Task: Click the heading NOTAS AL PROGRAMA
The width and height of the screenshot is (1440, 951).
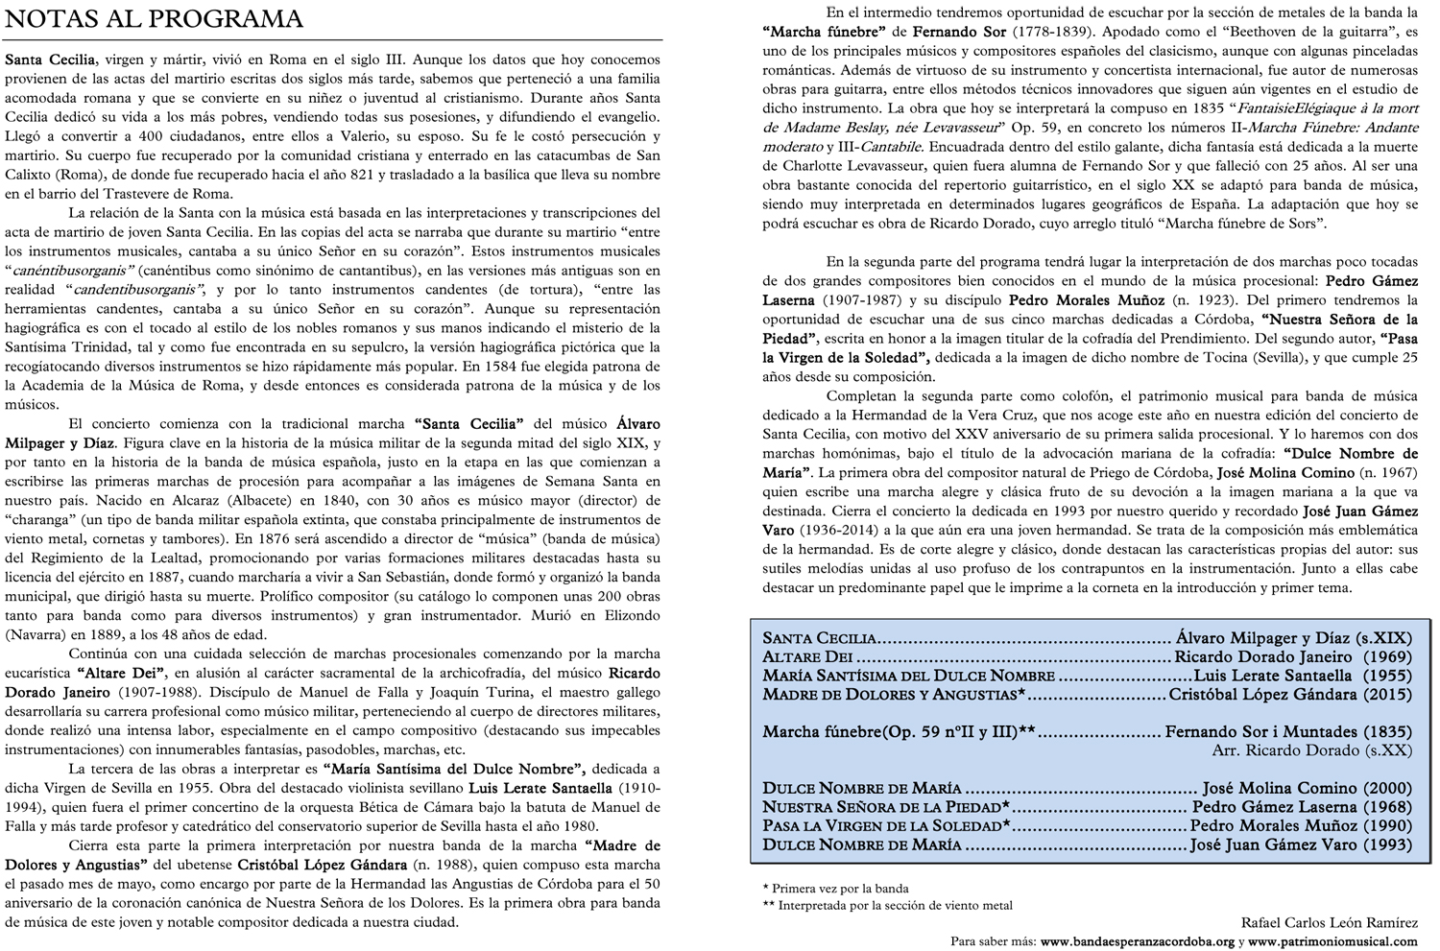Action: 155,19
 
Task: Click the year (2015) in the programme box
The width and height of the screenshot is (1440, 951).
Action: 1388,694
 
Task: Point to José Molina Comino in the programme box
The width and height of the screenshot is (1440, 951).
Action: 1271,788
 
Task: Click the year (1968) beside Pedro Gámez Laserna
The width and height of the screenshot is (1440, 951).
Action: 1388,807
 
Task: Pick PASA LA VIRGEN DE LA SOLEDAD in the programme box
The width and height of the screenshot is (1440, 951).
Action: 882,826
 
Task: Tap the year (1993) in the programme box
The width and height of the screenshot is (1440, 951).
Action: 1388,844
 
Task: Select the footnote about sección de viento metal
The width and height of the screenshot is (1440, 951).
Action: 892,905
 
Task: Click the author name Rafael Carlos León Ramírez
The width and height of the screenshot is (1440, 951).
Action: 1329,922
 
